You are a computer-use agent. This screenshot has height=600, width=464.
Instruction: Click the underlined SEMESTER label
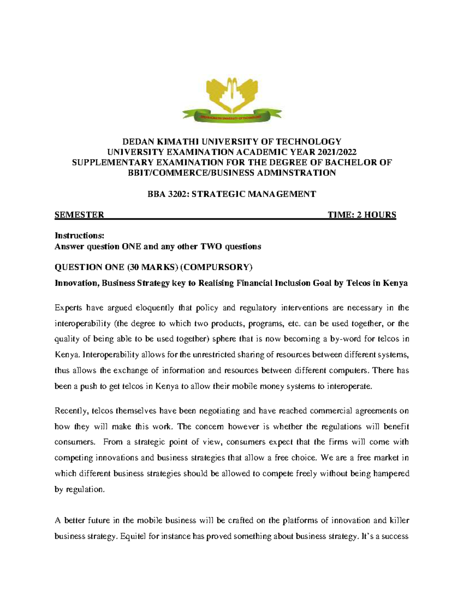(x=79, y=215)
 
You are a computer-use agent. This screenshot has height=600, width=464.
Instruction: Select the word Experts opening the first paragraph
(x=69, y=308)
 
